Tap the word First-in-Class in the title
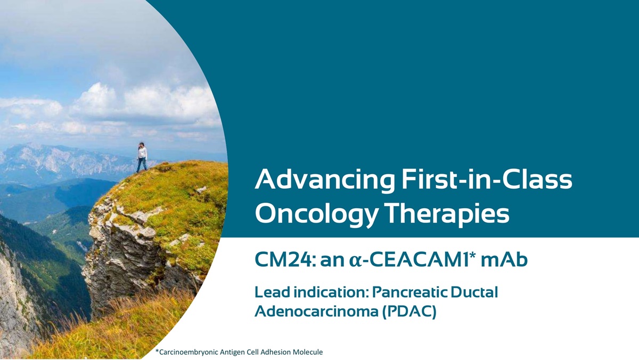[487, 179]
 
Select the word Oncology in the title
[317, 215]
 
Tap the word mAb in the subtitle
[504, 259]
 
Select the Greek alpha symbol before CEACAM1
[356, 261]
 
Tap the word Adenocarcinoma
[316, 311]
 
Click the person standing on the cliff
[142, 158]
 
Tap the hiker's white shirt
[142, 153]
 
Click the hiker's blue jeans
[142, 165]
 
